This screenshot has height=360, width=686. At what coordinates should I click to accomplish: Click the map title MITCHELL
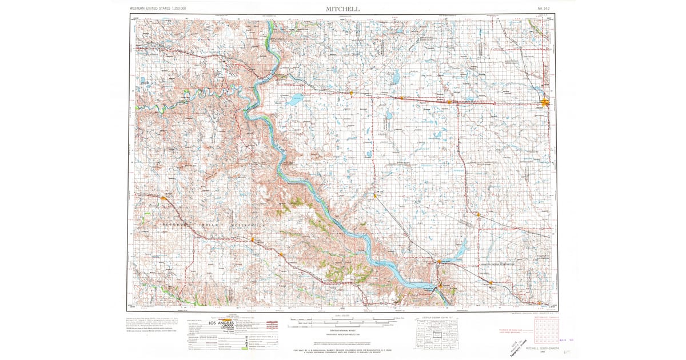pos(344,9)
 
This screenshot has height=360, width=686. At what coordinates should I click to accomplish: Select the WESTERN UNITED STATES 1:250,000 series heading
pos(161,9)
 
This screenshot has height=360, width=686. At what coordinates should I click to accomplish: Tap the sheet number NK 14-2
pos(546,9)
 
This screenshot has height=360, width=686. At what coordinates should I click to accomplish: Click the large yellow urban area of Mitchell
pos(545,103)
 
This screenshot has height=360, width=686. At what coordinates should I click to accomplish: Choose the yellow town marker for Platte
pos(375,196)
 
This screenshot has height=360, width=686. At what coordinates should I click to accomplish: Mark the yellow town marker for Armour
pos(478,214)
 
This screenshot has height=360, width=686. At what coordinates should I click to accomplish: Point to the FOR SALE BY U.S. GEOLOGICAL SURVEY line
pos(343,350)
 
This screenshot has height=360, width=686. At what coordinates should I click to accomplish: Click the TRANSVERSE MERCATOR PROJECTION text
pos(343,333)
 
